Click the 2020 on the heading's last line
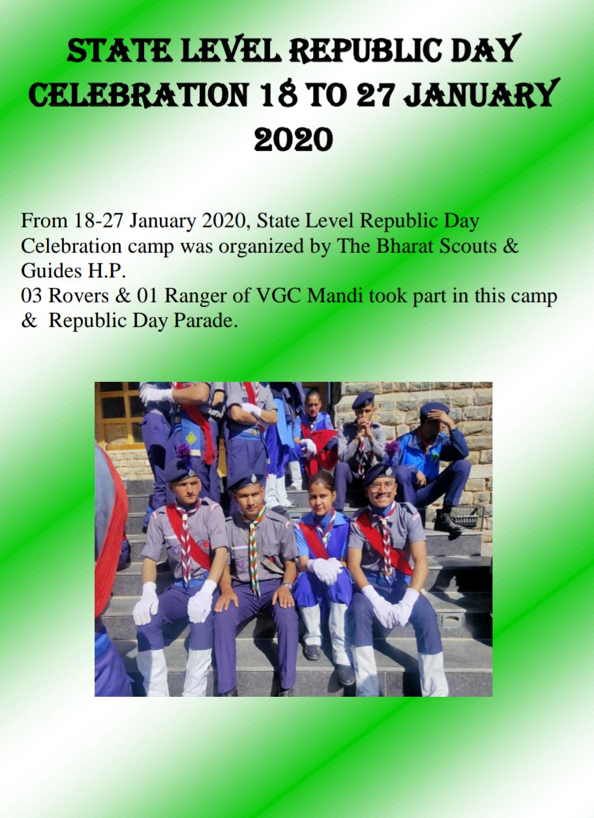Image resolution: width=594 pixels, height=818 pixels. pos(293,139)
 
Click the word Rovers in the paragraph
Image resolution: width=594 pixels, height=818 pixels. pos(78,296)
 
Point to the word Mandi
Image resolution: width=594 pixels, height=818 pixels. pos(335,296)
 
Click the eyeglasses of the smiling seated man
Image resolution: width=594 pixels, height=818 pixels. pos(382,486)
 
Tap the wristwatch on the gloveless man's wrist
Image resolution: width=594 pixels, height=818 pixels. pos(287,585)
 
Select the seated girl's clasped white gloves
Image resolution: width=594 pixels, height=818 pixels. pos(325,570)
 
